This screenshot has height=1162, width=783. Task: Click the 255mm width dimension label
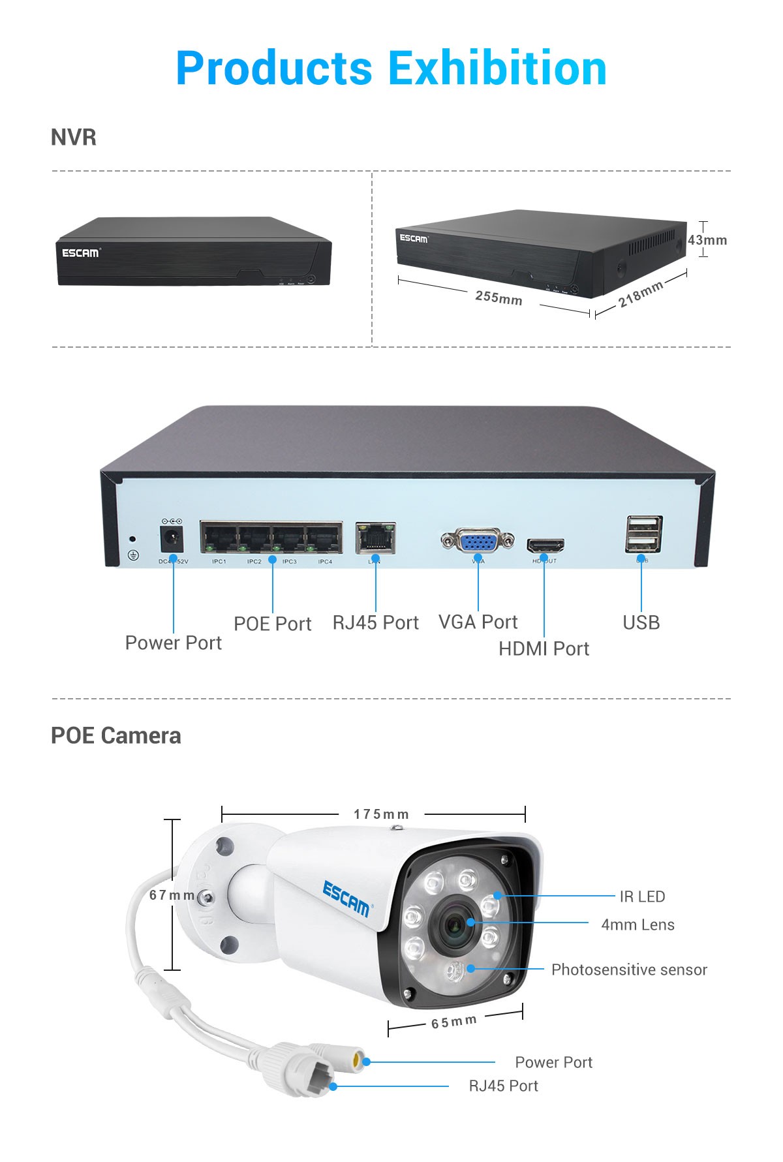(x=499, y=298)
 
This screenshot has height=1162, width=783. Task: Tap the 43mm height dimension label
(x=707, y=240)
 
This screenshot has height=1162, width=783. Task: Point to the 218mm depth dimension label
(x=641, y=294)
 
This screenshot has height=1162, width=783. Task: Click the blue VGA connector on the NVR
(x=478, y=542)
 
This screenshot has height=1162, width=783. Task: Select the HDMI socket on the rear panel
(x=545, y=545)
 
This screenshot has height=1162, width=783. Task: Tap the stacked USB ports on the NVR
(x=644, y=534)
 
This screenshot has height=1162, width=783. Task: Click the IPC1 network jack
(x=219, y=539)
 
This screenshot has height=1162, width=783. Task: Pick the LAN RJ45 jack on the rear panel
(x=375, y=538)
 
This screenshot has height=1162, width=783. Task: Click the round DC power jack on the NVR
(x=172, y=540)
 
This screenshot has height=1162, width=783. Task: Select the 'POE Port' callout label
(x=272, y=624)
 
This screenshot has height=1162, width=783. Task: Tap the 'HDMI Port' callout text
(x=544, y=649)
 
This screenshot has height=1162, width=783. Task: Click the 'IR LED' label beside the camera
(x=642, y=896)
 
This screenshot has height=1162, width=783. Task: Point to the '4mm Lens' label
(x=637, y=925)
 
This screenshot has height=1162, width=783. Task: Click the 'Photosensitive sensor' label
(x=629, y=970)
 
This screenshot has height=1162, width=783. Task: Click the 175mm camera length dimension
(x=381, y=814)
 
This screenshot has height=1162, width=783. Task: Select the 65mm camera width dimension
(x=453, y=1022)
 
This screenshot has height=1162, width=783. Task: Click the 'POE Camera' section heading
(x=116, y=736)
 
